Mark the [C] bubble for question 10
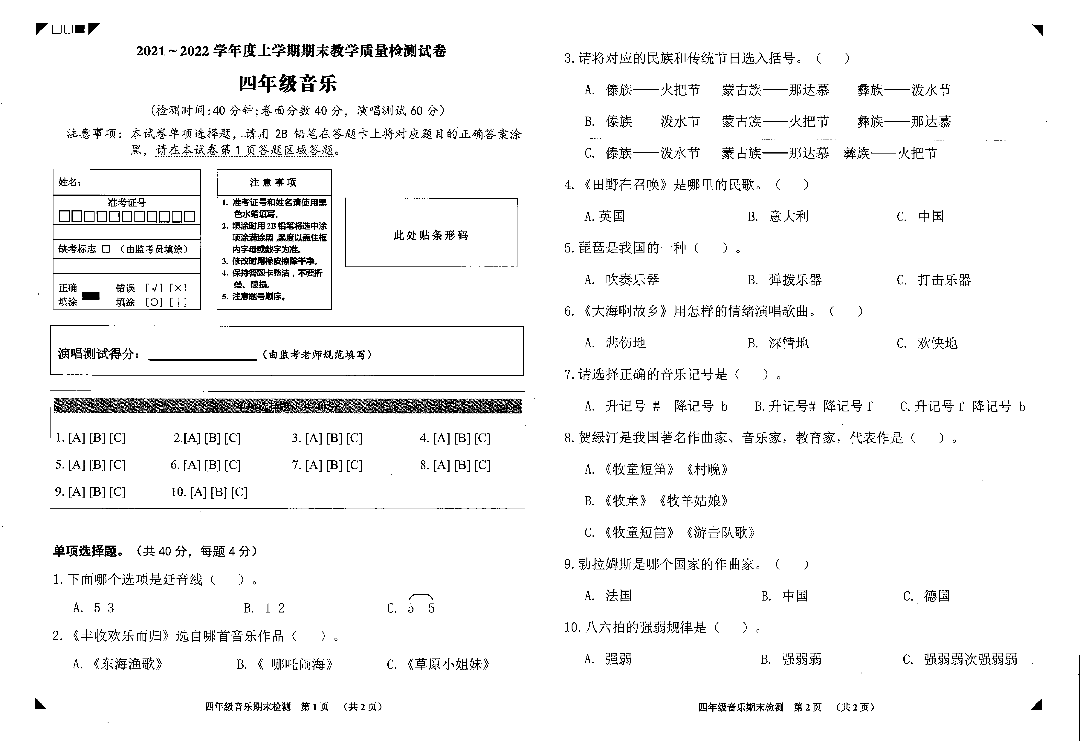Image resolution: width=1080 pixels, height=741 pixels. [239, 492]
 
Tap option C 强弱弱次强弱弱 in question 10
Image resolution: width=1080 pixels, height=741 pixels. [970, 659]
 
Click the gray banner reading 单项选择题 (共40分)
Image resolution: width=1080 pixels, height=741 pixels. [287, 406]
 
